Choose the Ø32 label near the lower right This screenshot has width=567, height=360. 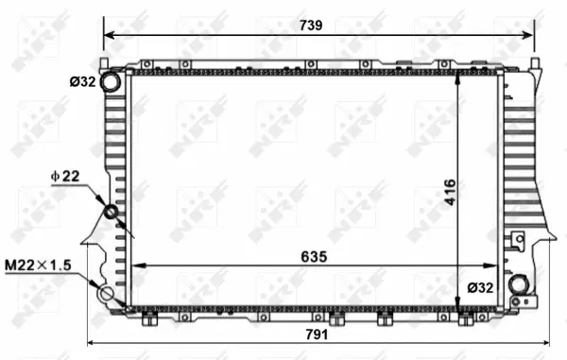pyautogui.click(x=480, y=287)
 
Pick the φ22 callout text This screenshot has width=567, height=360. pyautogui.click(x=65, y=176)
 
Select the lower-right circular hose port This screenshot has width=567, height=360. pyautogui.click(x=517, y=283)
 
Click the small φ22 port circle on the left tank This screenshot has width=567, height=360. pyautogui.click(x=111, y=212)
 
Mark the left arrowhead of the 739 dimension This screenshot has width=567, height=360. pyautogui.click(x=108, y=35)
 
